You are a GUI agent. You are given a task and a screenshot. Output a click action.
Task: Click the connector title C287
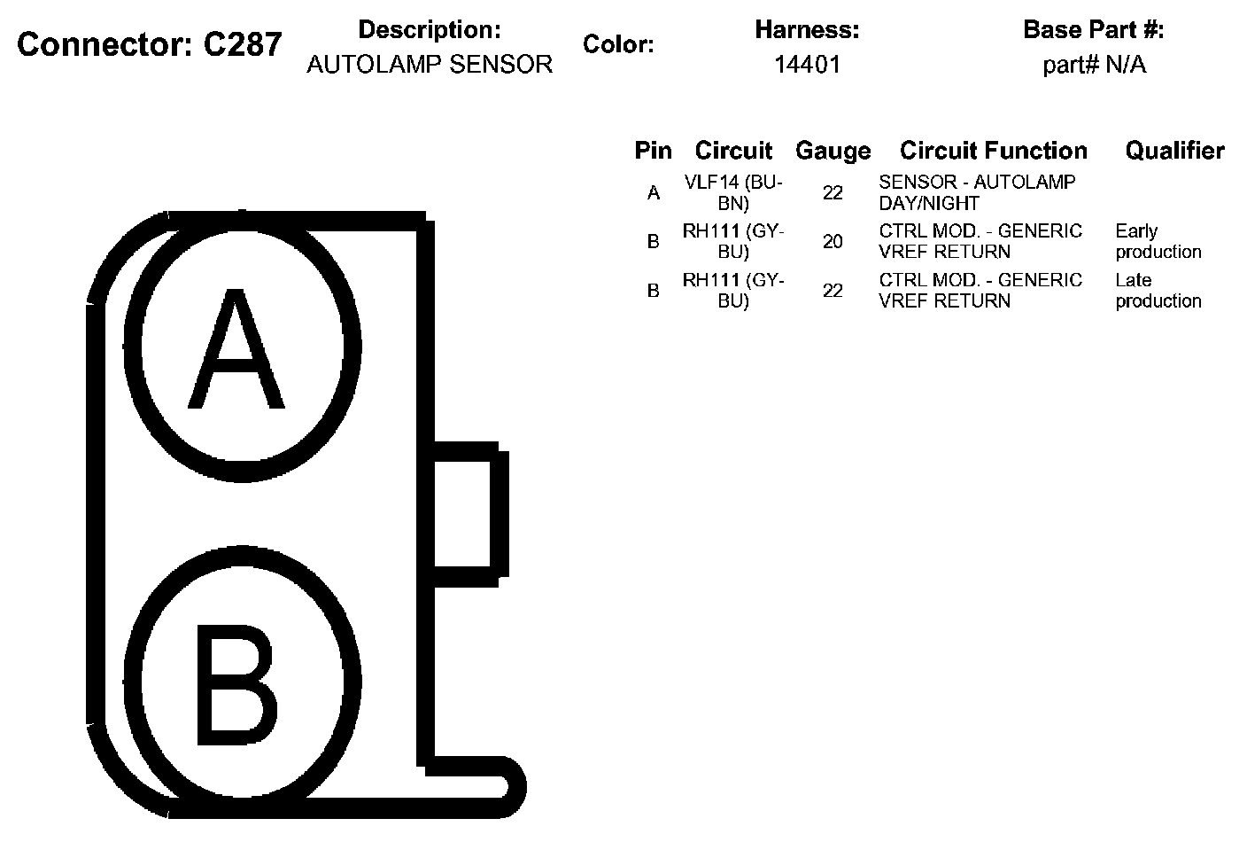(x=150, y=44)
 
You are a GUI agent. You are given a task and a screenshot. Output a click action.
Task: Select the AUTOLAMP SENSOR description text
(x=430, y=65)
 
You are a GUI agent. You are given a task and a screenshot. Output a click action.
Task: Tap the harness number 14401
(x=807, y=65)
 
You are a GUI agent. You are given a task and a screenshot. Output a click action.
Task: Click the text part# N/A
(x=1094, y=65)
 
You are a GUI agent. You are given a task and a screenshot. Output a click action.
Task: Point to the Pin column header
(x=653, y=151)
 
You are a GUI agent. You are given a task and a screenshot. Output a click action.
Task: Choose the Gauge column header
(x=833, y=151)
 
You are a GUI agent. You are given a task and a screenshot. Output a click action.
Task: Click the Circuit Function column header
(x=993, y=151)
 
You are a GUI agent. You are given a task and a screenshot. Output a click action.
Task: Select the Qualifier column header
(x=1174, y=151)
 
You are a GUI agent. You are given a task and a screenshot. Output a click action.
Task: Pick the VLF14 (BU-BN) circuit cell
(x=733, y=192)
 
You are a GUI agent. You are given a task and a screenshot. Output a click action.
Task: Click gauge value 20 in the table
(x=833, y=241)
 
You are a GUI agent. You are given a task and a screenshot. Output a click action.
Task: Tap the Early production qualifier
(x=1158, y=241)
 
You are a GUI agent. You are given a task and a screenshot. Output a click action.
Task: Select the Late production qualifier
(x=1158, y=291)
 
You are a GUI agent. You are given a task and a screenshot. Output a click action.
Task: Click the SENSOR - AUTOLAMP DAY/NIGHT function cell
(x=977, y=192)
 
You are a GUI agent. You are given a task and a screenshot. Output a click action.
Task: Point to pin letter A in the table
(x=654, y=193)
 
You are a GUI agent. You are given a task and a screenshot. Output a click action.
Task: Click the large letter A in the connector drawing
(x=236, y=351)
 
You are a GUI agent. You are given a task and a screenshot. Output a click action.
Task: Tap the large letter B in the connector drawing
(x=236, y=684)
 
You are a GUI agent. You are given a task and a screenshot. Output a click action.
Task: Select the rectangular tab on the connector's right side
(x=468, y=513)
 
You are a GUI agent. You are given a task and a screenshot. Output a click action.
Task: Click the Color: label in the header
(x=618, y=45)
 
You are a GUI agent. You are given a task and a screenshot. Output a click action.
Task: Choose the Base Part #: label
(x=1093, y=30)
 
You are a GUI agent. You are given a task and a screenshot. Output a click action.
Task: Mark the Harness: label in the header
(x=807, y=30)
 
